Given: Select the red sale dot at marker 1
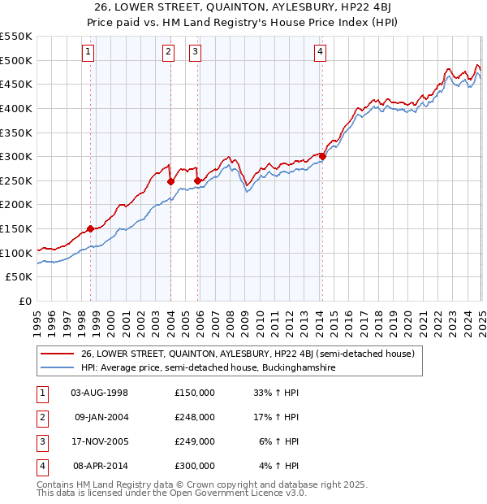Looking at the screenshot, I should tap(90, 229).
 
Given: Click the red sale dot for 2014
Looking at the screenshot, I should tap(322, 156).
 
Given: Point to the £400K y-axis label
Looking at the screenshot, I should tap(16, 108).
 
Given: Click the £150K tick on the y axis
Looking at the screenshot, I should tap(16, 229).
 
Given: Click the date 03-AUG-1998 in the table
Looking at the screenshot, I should tap(100, 393).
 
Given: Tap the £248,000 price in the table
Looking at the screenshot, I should tap(195, 417).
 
